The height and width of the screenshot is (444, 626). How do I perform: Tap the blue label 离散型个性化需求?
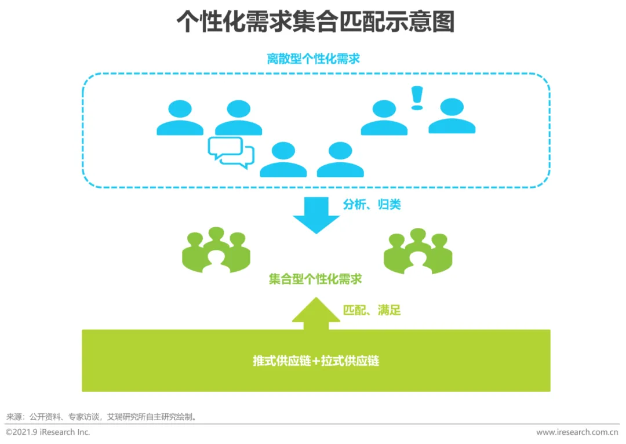313,59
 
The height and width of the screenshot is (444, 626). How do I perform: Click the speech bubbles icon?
231,152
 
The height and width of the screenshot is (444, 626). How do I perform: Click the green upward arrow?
316,313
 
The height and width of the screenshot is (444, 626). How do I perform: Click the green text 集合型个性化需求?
315,279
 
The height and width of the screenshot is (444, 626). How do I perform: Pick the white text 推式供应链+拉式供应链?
316,361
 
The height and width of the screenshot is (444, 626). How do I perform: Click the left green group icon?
216,250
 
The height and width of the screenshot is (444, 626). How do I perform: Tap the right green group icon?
418,250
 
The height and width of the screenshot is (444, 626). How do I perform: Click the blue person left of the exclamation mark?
384,118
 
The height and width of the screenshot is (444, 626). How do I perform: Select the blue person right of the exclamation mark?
452,116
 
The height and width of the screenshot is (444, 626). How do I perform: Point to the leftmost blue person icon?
180,118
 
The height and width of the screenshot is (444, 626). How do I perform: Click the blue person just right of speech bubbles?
283,159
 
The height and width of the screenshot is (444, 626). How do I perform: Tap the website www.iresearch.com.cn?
577,432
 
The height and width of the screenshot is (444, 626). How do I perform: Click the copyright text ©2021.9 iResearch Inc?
48,432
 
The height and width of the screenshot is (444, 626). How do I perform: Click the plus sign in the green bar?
316,361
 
